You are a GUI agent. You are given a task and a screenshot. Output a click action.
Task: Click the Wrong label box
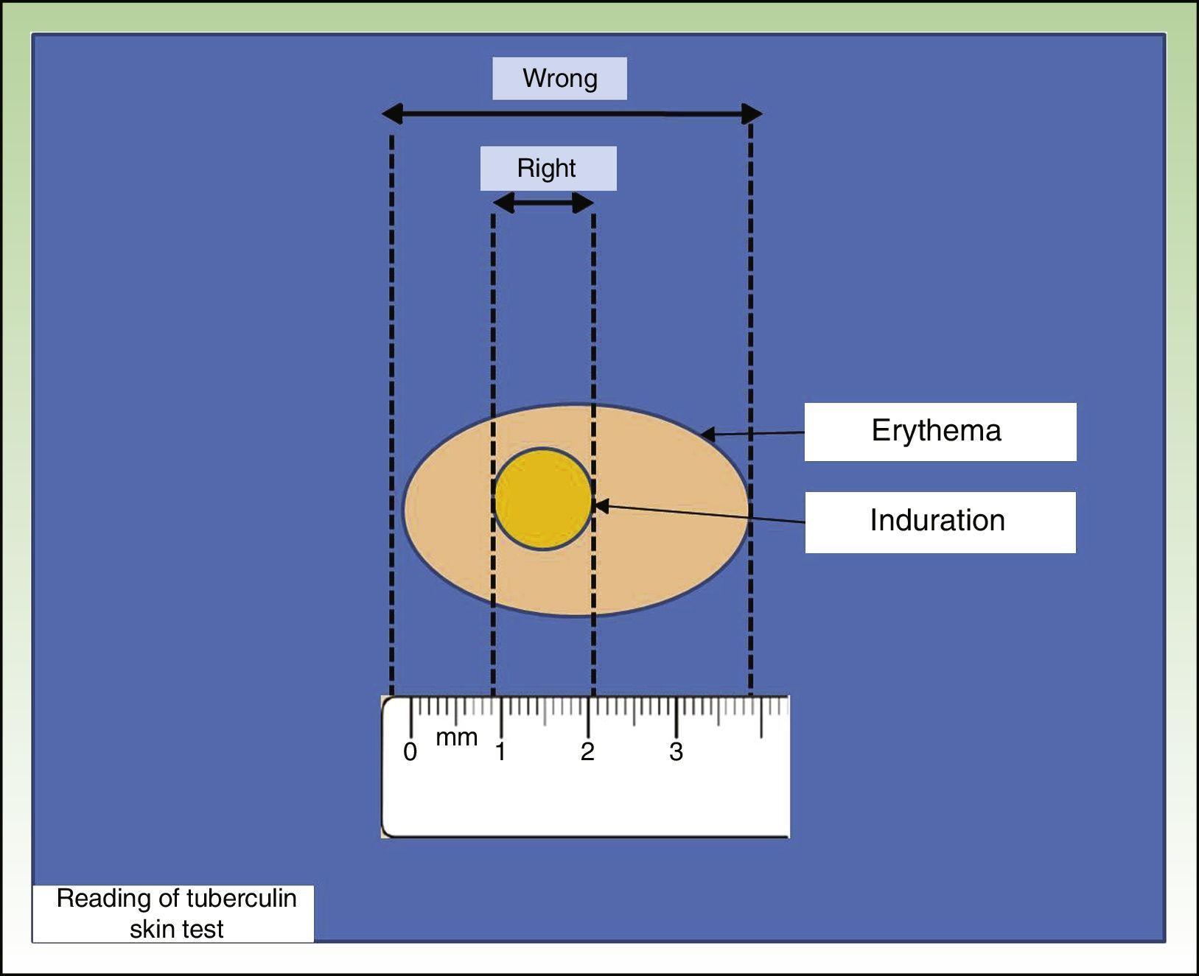pyautogui.click(x=559, y=79)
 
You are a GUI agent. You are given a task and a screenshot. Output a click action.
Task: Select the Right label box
pyautogui.click(x=548, y=169)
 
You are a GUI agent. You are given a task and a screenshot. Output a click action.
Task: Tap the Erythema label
pyautogui.click(x=940, y=432)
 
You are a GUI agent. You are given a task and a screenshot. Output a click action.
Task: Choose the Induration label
pyautogui.click(x=940, y=522)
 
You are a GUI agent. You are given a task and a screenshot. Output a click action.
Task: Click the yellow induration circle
pyautogui.click(x=542, y=499)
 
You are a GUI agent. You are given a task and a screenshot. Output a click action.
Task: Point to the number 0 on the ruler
pyautogui.click(x=410, y=752)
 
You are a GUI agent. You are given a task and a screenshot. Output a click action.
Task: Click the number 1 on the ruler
pyautogui.click(x=500, y=752)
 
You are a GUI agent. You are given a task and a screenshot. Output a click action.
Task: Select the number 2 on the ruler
pyautogui.click(x=587, y=752)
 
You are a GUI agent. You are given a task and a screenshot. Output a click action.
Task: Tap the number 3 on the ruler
pyautogui.click(x=676, y=752)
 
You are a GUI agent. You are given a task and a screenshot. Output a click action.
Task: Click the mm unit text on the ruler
pyautogui.click(x=457, y=737)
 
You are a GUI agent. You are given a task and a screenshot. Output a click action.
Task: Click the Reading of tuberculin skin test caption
pyautogui.click(x=176, y=913)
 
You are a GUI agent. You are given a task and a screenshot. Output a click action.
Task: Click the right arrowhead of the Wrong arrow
pyautogui.click(x=752, y=114)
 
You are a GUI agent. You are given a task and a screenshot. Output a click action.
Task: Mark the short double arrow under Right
pyautogui.click(x=543, y=203)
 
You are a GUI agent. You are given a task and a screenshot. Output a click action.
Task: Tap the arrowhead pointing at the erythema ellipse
pyautogui.click(x=708, y=435)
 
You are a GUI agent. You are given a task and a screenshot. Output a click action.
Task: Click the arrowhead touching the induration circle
pyautogui.click(x=601, y=506)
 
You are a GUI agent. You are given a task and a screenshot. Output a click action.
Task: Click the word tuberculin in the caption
pyautogui.click(x=241, y=899)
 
